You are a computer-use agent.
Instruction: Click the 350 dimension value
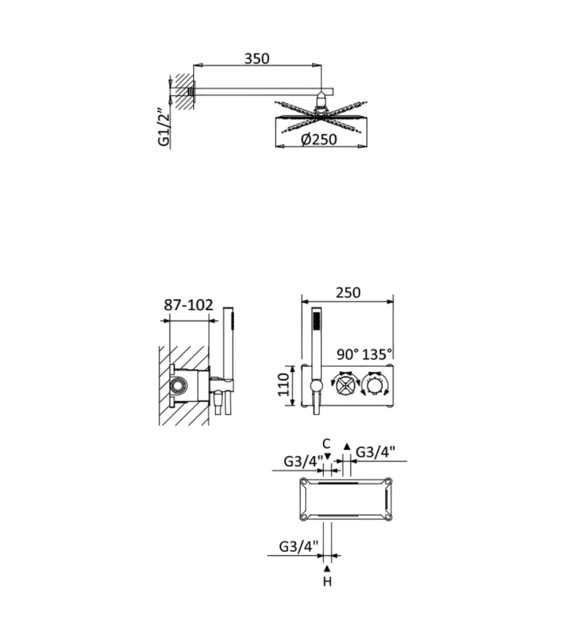click(x=257, y=59)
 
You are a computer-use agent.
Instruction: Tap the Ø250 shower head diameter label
click(x=319, y=139)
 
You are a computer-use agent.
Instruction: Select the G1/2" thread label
click(x=164, y=127)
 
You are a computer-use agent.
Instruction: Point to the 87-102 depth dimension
click(x=188, y=305)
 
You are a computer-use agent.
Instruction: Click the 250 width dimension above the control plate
click(x=348, y=292)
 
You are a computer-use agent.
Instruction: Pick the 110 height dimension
click(x=283, y=384)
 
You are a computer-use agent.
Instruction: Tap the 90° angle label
click(x=348, y=354)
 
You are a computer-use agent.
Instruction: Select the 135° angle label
click(x=377, y=354)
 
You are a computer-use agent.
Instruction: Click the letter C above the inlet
click(x=326, y=444)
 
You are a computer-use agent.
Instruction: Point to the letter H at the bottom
click(x=327, y=582)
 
